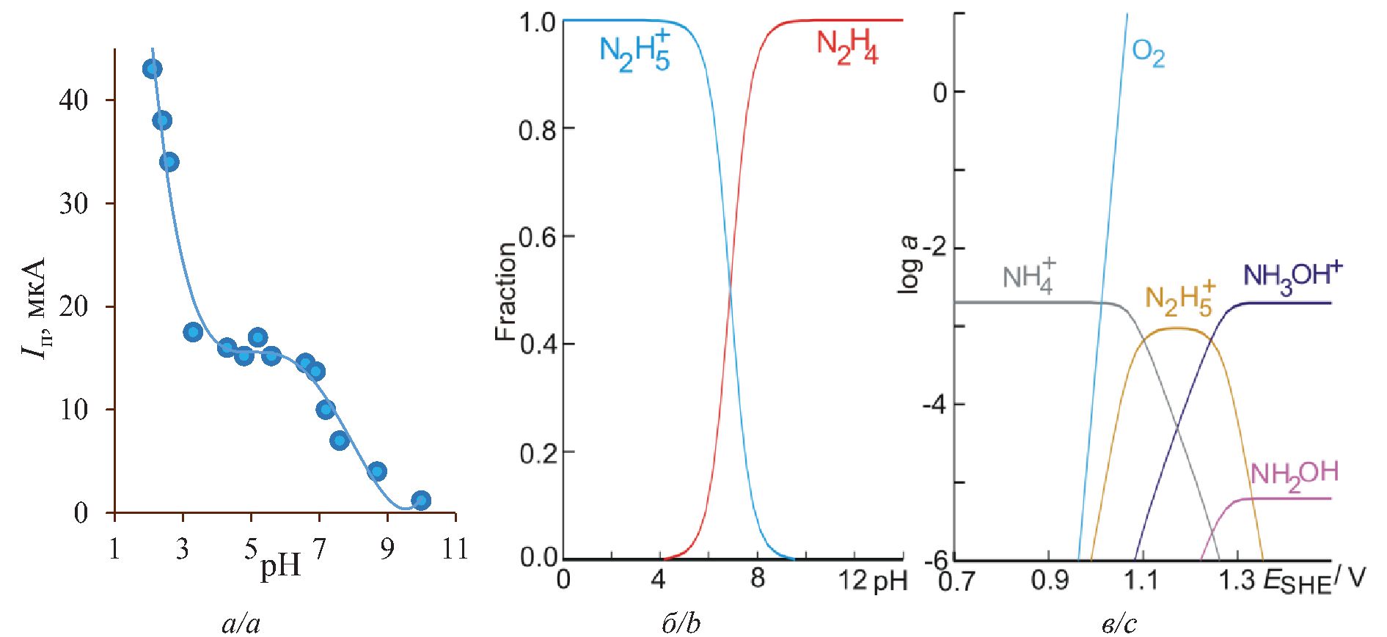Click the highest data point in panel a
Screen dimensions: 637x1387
tap(152, 70)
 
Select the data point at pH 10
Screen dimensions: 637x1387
tap(420, 501)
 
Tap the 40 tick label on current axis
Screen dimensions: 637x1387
tap(73, 100)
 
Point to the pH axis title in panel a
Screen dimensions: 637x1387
tap(280, 566)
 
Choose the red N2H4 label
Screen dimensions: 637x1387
tap(847, 47)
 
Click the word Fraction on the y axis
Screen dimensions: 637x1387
tap(505, 292)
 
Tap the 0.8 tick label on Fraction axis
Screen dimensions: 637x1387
tap(538, 129)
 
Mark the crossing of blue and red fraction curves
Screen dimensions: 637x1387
tap(730, 291)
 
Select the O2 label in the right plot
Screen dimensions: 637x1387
tap(1148, 54)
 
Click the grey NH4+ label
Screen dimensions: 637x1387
tap(1029, 276)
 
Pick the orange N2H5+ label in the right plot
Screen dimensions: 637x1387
tap(1179, 298)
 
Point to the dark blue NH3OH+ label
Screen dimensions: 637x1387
tap(1292, 277)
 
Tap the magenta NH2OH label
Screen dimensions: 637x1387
tap(1295, 474)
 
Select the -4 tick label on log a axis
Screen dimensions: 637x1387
tap(932, 405)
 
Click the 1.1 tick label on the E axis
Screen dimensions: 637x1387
tap(1141, 581)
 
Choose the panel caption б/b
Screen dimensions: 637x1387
tap(681, 624)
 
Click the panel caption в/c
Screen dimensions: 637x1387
tap(1119, 624)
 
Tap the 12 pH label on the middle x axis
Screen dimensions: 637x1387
tap(872, 581)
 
